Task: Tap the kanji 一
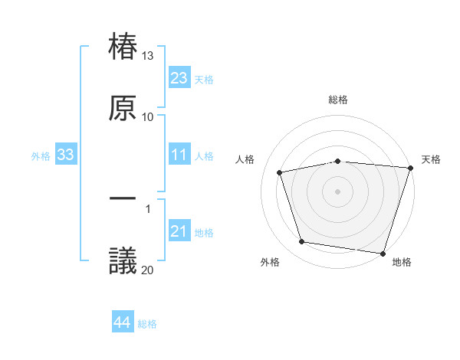click(x=123, y=198)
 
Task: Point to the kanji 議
click(x=123, y=260)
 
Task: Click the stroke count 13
click(x=148, y=56)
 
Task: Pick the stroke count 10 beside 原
click(x=148, y=117)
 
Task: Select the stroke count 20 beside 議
click(x=148, y=269)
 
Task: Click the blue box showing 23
click(x=179, y=78)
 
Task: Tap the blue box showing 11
click(x=179, y=155)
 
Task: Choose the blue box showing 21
click(x=179, y=231)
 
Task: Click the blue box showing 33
click(x=65, y=155)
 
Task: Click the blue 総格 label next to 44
click(x=147, y=324)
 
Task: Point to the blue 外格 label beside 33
click(x=41, y=156)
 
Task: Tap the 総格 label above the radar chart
click(x=338, y=100)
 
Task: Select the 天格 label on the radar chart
click(x=431, y=159)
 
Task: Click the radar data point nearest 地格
click(x=383, y=253)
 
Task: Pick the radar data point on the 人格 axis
click(x=280, y=172)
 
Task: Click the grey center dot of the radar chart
click(x=338, y=191)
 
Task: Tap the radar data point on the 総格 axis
click(x=338, y=162)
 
